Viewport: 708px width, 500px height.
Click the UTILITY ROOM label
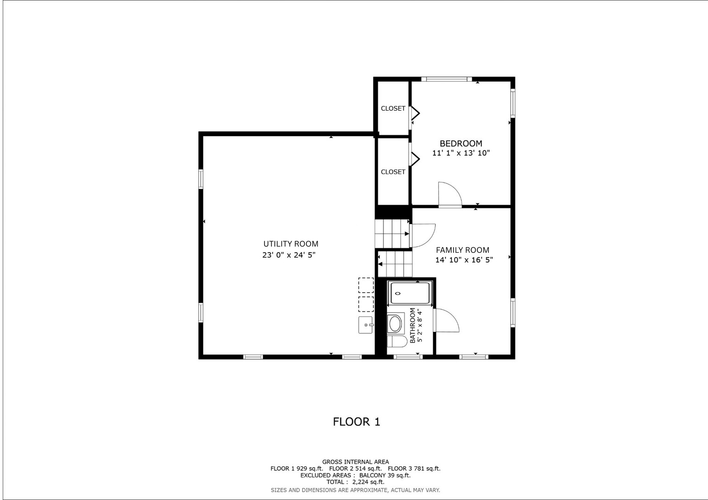click(x=291, y=244)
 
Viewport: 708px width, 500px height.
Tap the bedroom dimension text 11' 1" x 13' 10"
click(x=461, y=153)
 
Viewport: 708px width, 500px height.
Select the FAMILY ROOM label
click(x=463, y=250)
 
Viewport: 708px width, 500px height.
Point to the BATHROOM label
click(x=412, y=325)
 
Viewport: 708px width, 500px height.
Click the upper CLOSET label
click(x=393, y=108)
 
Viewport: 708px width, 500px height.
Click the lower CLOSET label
click(x=393, y=172)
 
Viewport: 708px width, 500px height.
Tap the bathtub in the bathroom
click(x=410, y=294)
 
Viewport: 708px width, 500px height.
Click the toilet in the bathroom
click(x=397, y=342)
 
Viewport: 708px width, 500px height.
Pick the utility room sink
click(x=366, y=325)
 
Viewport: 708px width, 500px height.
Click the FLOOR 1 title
click(x=356, y=422)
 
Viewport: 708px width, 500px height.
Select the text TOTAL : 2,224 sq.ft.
click(x=355, y=482)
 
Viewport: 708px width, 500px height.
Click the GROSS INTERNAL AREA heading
click(x=355, y=462)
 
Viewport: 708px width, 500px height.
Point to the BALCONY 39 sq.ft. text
click(x=385, y=475)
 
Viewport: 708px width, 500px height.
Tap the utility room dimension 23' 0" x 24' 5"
click(x=289, y=255)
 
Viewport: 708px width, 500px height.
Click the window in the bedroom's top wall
click(x=446, y=79)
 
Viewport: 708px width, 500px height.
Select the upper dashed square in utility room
click(x=366, y=285)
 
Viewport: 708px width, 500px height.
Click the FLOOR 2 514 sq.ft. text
click(x=355, y=469)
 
